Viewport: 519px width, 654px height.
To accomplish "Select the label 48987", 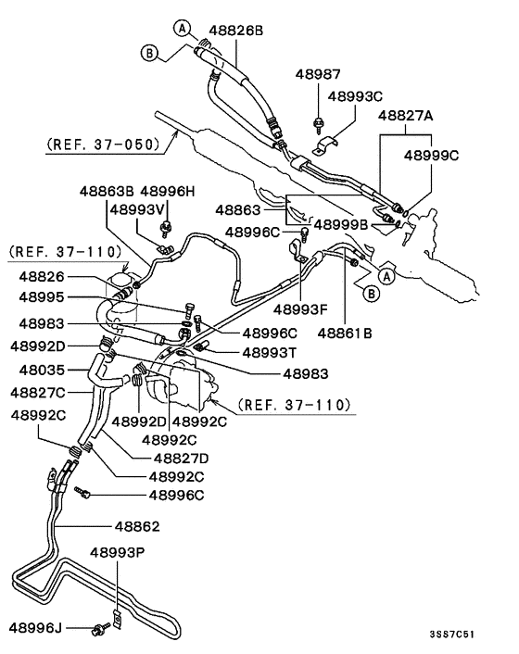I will (x=319, y=72).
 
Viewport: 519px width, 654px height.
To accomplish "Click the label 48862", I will (x=137, y=526).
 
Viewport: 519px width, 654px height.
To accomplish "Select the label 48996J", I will (x=36, y=629).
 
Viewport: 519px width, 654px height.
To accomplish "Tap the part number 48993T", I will (x=270, y=352).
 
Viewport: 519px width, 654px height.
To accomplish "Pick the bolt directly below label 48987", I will (x=319, y=120).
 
